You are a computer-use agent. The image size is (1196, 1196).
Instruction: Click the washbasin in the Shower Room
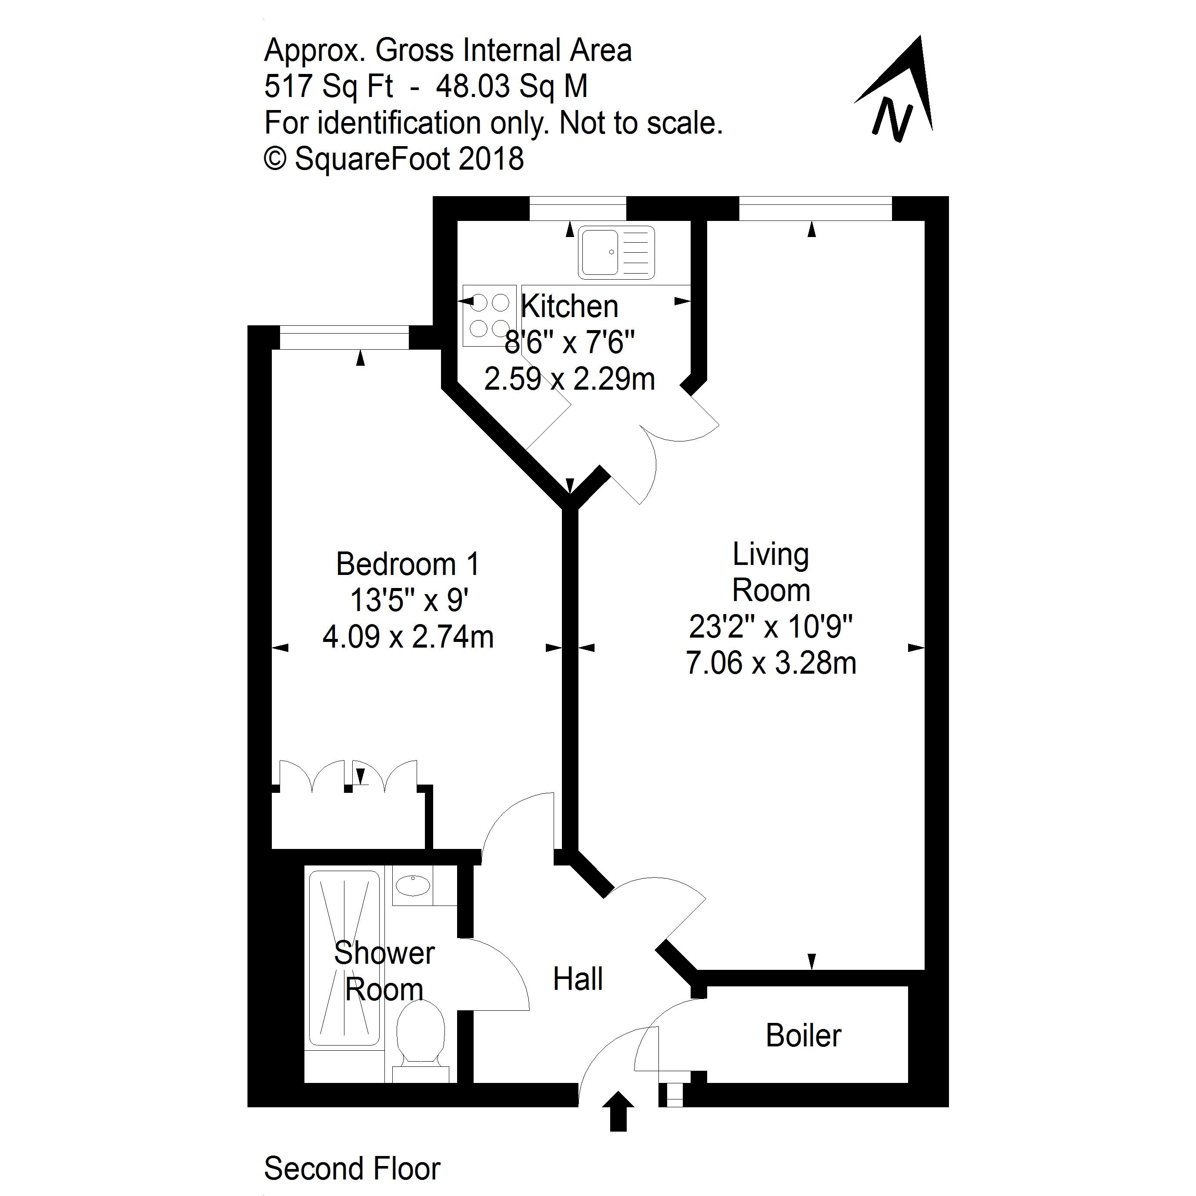pos(413,886)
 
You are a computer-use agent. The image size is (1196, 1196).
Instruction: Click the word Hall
pos(578,979)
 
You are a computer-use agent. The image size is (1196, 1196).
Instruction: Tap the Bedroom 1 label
pos(408,564)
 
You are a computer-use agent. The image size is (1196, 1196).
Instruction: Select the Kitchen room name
pos(570,307)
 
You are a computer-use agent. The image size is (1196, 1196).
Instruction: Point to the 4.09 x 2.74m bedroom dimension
pos(408,637)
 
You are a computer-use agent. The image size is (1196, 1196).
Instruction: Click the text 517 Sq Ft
pos(328,87)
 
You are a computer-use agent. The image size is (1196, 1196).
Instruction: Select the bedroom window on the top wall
pos(344,338)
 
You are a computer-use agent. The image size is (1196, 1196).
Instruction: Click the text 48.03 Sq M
pos(511,87)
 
